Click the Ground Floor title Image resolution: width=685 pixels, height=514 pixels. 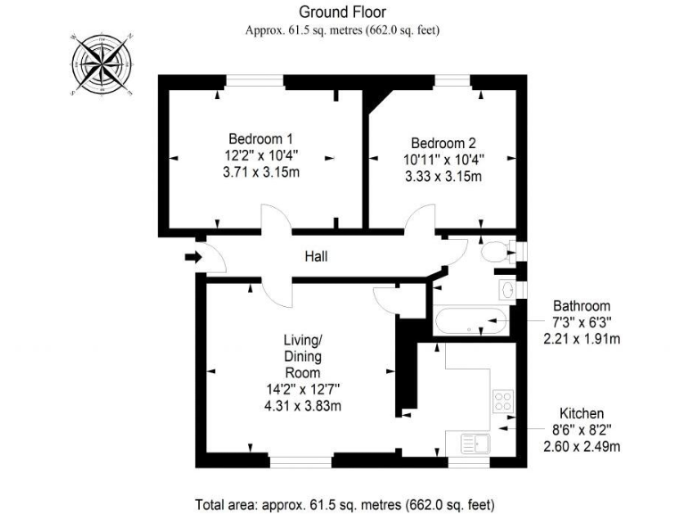click(342, 12)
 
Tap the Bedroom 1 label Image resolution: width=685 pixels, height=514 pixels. click(260, 138)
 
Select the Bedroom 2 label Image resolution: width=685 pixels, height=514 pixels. click(443, 143)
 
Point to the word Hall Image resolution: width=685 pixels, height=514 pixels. click(316, 257)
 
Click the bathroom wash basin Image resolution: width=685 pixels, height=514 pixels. click(507, 290)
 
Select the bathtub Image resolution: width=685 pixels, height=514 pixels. click(470, 322)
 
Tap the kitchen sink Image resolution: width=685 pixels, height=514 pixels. click(471, 442)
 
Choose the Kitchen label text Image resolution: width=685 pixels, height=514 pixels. click(582, 413)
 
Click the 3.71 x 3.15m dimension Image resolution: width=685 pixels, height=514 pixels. click(260, 172)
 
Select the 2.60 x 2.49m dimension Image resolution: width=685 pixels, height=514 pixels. click(582, 446)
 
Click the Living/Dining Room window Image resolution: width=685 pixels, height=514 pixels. click(301, 462)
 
